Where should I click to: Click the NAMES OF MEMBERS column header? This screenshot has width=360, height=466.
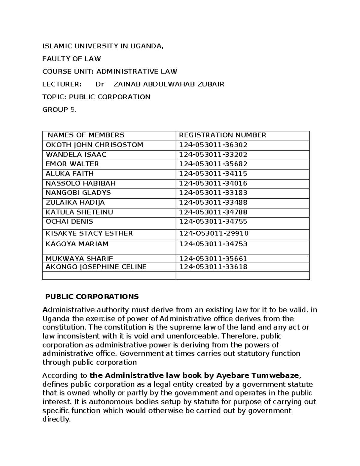coord(86,135)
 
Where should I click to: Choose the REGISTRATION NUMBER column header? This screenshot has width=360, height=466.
coord(222,135)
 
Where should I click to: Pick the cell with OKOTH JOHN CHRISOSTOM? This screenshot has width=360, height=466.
coord(94,145)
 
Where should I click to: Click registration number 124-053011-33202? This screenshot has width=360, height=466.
coord(213,155)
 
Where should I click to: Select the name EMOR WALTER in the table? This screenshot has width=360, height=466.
coord(72,164)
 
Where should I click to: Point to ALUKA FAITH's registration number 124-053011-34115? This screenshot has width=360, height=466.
coord(213,174)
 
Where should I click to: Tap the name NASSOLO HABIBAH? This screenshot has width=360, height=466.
coord(80,183)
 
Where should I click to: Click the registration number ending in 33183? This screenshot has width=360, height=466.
coord(213,193)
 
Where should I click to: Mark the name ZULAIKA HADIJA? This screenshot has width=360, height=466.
coord(75,203)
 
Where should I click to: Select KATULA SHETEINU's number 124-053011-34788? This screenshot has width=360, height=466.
coord(213,212)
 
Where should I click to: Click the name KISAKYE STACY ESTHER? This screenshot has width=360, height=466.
coord(89,233)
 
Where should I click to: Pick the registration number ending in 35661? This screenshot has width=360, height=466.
coord(213,259)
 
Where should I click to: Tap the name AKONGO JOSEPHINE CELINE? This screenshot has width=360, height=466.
coord(96,267)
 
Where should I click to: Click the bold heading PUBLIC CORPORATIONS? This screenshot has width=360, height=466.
coord(92,297)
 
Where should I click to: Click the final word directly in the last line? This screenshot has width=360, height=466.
coord(56,419)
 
